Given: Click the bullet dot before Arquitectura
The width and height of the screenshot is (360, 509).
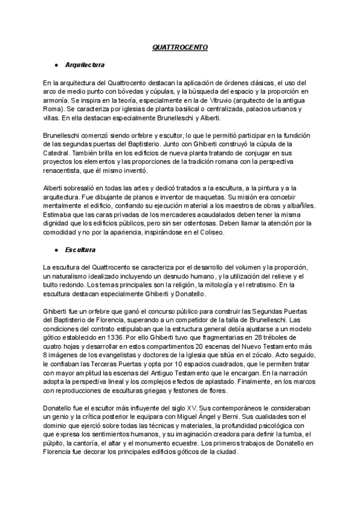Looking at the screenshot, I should (55, 64).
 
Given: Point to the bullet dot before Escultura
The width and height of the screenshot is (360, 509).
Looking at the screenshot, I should (55, 248).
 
